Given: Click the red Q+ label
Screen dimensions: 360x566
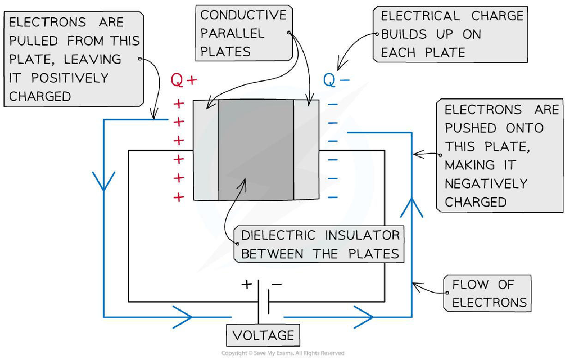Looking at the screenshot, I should tap(184, 81).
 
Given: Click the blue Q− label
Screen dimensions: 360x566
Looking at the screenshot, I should tap(336, 81).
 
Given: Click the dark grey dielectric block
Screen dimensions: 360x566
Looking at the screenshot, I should tap(256, 150).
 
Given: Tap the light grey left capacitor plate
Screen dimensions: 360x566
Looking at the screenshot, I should tap(205, 150).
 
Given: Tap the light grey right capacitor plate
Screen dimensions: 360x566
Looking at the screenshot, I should tap(306, 150).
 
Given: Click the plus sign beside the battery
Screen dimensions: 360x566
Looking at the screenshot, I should tap(247, 284).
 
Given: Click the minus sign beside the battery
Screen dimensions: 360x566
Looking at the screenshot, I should tap(277, 284).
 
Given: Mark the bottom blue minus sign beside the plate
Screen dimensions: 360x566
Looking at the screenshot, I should tap(332, 198).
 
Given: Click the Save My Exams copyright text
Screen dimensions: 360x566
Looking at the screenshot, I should tap(283, 354).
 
